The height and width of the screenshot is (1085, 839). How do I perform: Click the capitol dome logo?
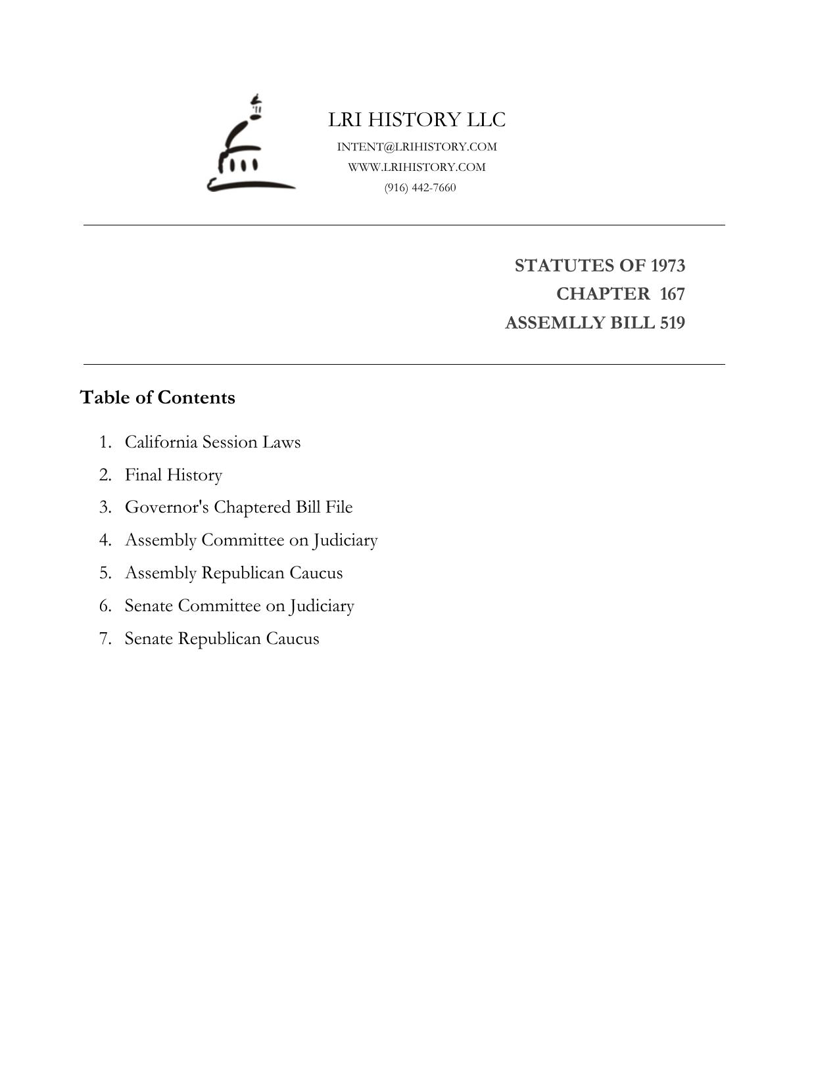pyautogui.click(x=251, y=146)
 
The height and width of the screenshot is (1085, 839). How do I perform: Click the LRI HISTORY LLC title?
pyautogui.click(x=417, y=120)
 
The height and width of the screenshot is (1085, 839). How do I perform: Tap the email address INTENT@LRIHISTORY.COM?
pyautogui.click(x=417, y=147)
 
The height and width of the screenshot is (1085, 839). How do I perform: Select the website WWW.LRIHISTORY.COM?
pyautogui.click(x=417, y=167)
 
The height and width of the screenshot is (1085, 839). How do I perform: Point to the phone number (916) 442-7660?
pyautogui.click(x=420, y=187)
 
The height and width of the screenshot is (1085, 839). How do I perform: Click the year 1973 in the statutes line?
pyautogui.click(x=667, y=265)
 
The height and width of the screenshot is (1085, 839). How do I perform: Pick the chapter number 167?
pyautogui.click(x=672, y=294)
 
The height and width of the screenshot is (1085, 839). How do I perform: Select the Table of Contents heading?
pyautogui.click(x=158, y=398)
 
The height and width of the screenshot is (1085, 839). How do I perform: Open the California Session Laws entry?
pyautogui.click(x=212, y=442)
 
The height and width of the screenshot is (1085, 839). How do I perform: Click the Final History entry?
pyautogui.click(x=174, y=474)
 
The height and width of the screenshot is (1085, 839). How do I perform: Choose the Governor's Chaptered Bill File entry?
pyautogui.click(x=239, y=507)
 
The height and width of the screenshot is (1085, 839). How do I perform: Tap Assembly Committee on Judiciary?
pyautogui.click(x=251, y=540)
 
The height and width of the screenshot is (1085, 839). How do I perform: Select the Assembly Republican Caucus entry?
pyautogui.click(x=233, y=573)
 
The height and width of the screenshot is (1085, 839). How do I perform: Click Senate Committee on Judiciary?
pyautogui.click(x=239, y=606)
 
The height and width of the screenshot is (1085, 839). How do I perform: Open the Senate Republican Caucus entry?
pyautogui.click(x=222, y=639)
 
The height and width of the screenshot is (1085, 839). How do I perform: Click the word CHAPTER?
pyautogui.click(x=603, y=294)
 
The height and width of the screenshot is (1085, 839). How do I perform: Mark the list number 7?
pyautogui.click(x=105, y=639)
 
